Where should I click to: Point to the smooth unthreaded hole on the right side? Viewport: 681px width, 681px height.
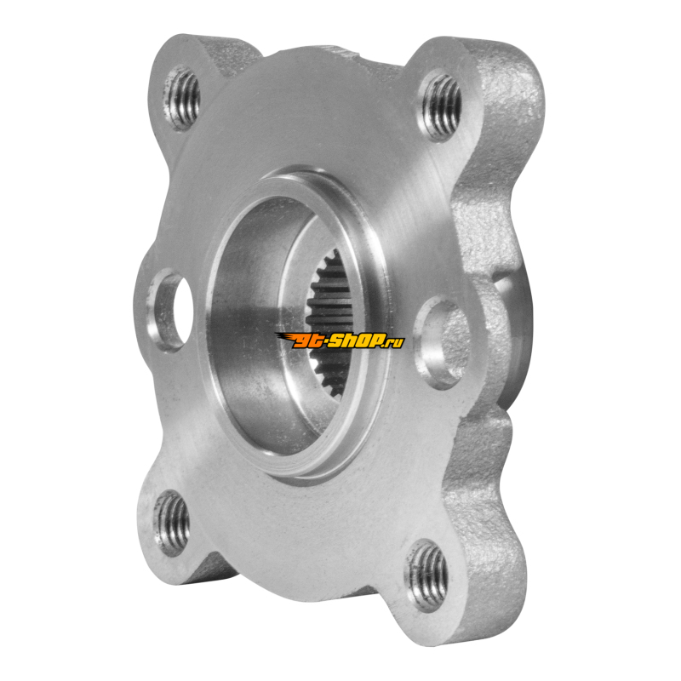tap(443, 345)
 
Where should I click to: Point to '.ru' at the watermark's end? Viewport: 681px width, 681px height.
tap(393, 341)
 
